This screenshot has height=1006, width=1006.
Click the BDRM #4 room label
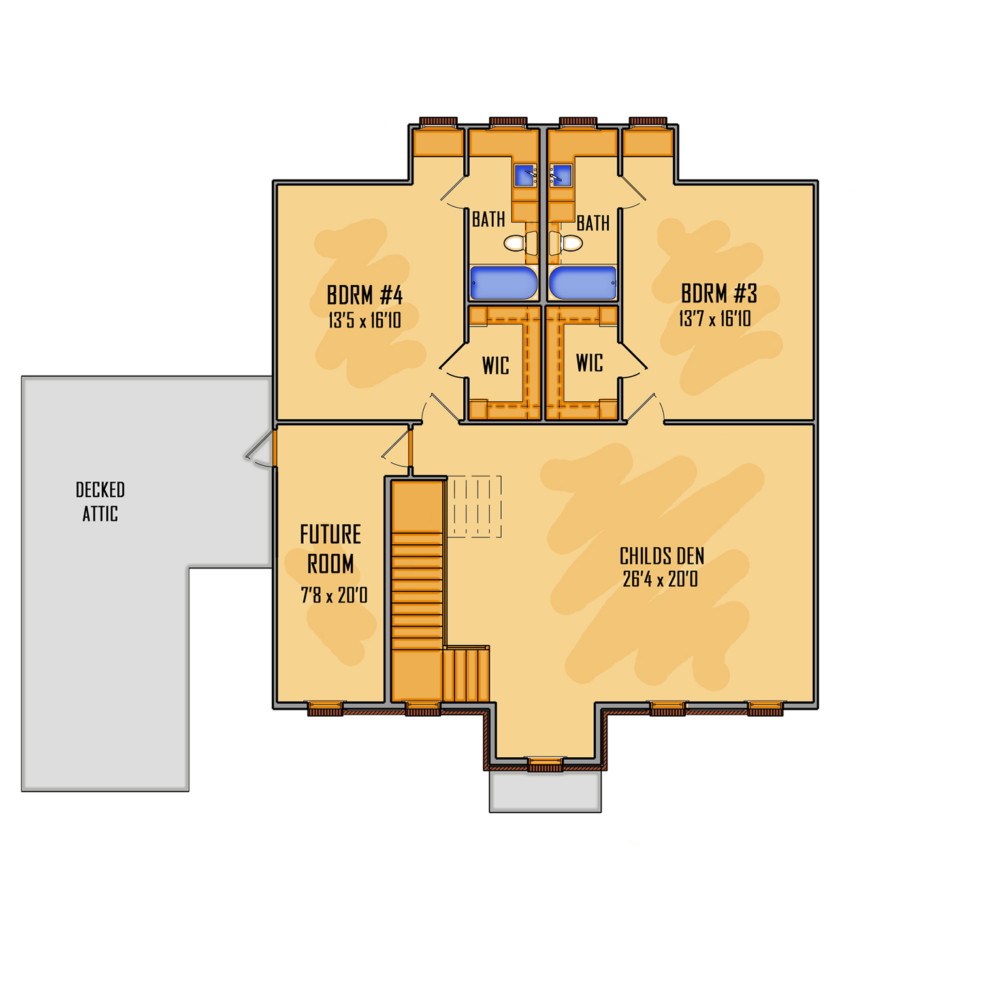(x=365, y=295)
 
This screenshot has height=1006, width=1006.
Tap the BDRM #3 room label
(x=719, y=294)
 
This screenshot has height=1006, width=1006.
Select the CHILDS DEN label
(x=662, y=557)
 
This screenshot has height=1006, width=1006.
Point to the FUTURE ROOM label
(x=331, y=549)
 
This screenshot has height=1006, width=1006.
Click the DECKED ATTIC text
(x=100, y=502)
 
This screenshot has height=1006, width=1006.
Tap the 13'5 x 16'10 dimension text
(x=365, y=321)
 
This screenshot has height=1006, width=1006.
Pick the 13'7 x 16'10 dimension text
(x=715, y=319)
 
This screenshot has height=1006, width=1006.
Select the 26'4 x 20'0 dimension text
(x=660, y=579)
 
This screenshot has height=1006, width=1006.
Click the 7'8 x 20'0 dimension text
(x=334, y=595)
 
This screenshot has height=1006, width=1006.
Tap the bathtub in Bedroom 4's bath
(x=504, y=283)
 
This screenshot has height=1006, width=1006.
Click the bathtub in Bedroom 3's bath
(x=583, y=283)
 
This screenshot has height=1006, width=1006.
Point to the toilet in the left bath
(x=521, y=243)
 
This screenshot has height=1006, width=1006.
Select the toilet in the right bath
(x=566, y=243)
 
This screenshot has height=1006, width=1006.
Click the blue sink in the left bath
(x=526, y=175)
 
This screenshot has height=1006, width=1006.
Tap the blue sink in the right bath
(x=560, y=175)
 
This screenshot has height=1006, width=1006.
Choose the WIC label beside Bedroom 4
(x=496, y=366)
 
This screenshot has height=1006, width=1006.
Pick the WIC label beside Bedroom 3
(x=589, y=363)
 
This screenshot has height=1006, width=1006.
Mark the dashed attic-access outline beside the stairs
(x=474, y=507)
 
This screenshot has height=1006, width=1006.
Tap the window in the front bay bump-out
(x=545, y=764)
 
